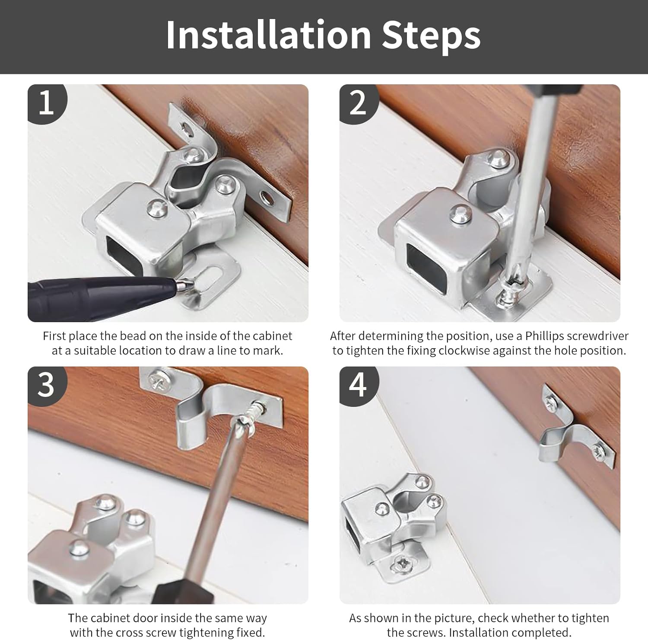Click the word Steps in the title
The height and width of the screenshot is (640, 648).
coord(431,35)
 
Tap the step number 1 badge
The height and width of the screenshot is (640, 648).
coord(47,103)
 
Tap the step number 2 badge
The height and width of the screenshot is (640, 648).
coord(358,103)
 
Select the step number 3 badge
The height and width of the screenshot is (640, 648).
coord(47,385)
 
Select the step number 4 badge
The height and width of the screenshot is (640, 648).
coord(358,385)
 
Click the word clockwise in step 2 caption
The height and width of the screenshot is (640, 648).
coord(468,351)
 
